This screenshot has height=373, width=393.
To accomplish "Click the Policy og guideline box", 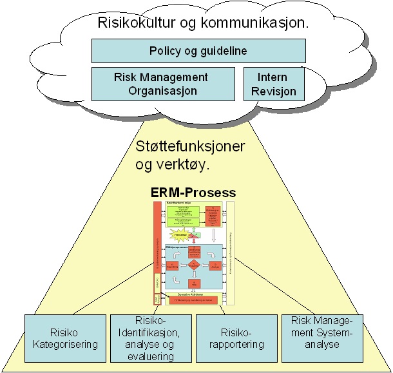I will pos(198,50).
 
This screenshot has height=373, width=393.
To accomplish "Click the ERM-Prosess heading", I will pos(193,193).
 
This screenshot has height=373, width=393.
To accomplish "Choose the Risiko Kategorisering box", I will pos(66,338).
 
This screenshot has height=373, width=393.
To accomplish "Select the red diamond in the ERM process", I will pos(193,264).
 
